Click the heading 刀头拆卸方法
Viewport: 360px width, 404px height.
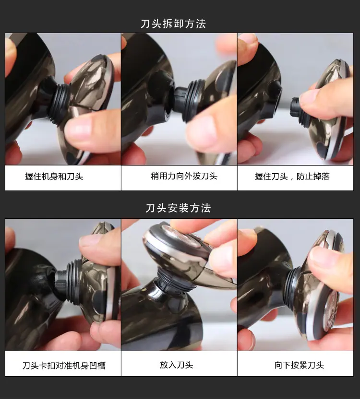point(173,24)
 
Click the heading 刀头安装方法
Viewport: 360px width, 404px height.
point(178,208)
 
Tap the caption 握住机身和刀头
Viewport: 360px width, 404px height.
point(54,177)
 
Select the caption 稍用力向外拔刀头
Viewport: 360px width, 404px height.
point(184,176)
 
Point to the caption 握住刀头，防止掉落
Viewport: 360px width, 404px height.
point(292,177)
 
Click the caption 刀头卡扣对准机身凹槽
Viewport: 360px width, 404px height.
point(64,365)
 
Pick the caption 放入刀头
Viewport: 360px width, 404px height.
point(177,365)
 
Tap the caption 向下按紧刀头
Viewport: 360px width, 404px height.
point(299,365)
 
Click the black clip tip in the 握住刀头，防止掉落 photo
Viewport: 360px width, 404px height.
point(294,107)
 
